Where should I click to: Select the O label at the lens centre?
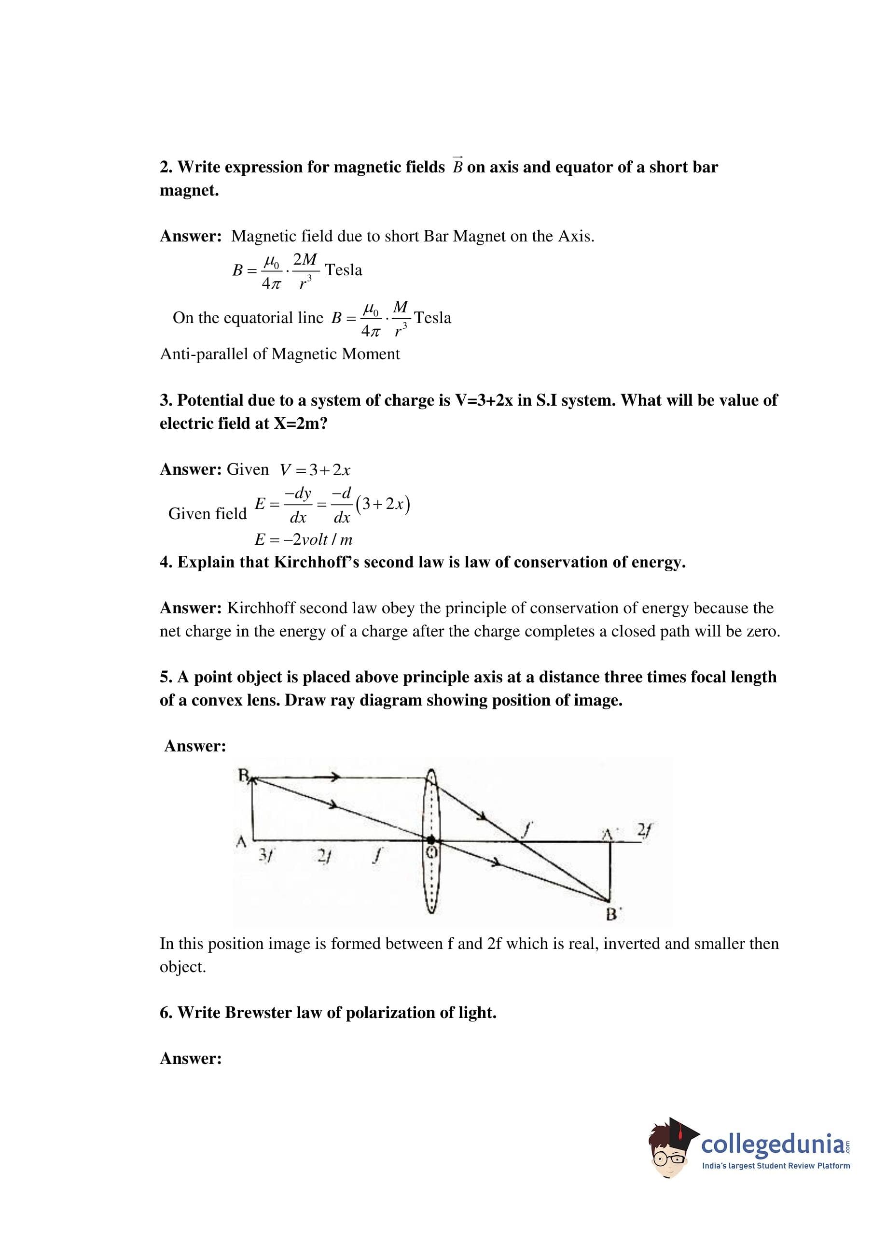[431, 853]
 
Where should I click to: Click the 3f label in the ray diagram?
[267, 856]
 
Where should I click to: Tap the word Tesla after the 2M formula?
[343, 270]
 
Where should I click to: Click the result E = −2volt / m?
[304, 540]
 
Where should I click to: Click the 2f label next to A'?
[644, 830]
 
